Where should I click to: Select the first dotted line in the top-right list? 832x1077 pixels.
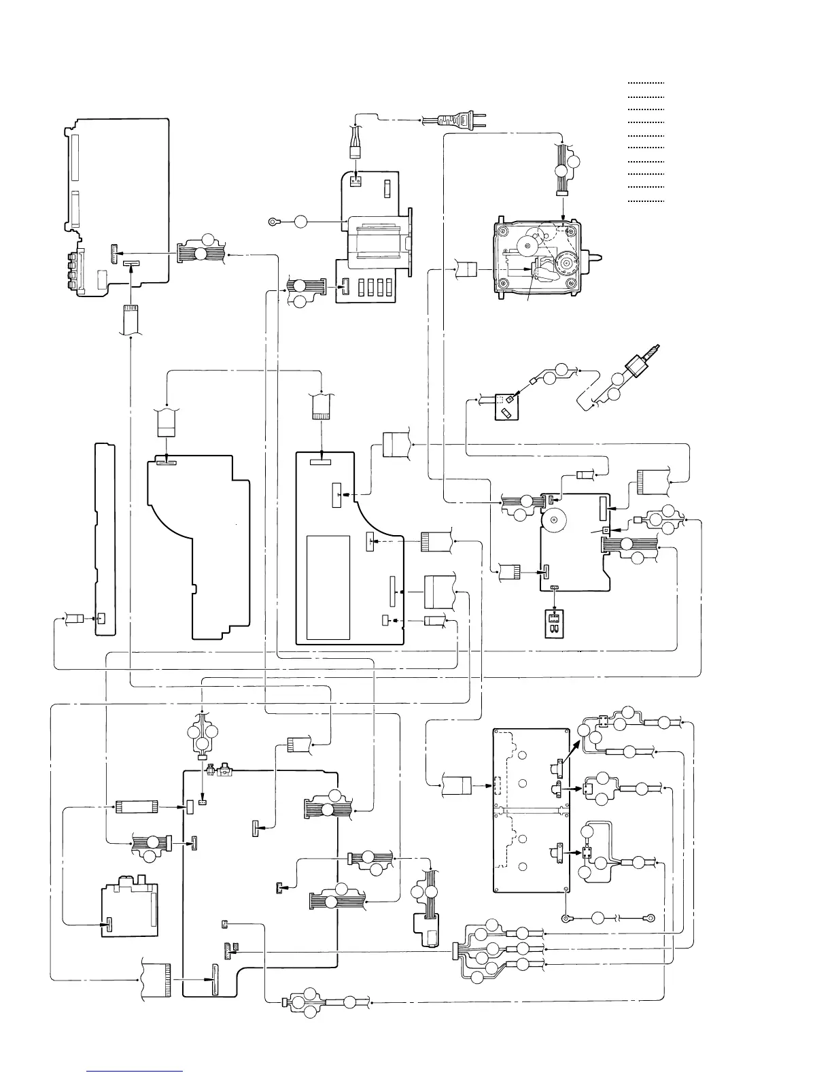[646, 82]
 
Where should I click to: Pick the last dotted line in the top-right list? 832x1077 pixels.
[646, 201]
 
